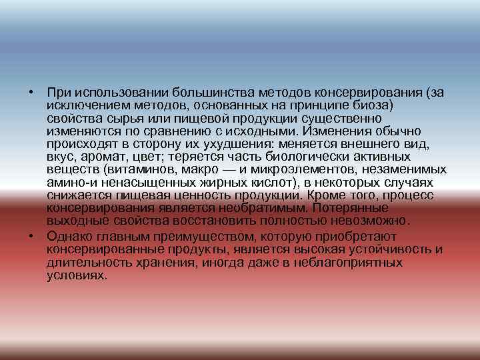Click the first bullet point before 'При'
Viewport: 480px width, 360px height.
pyautogui.click(x=31, y=91)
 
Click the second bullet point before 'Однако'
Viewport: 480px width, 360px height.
pyautogui.click(x=31, y=237)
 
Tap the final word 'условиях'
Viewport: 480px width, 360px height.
pyautogui.click(x=77, y=275)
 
